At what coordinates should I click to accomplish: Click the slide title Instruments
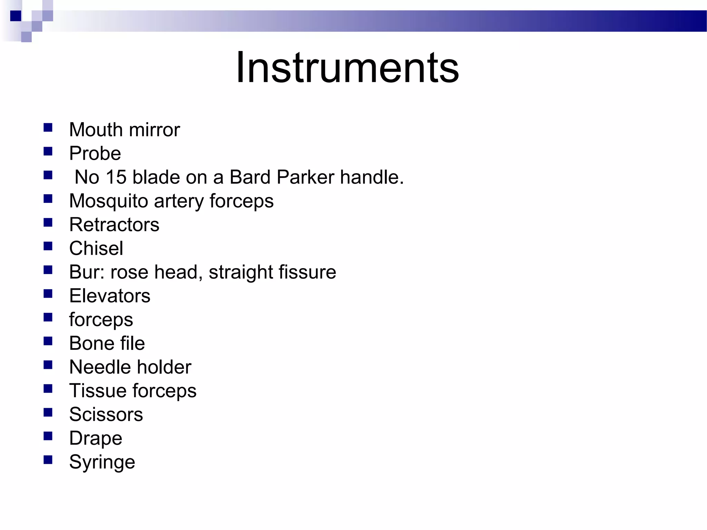point(347,67)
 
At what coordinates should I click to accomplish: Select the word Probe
point(95,154)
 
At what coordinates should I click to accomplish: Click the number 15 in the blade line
point(116,177)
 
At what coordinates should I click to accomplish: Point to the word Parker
point(306,177)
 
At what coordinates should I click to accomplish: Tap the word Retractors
point(114,225)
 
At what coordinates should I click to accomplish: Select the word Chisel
point(96,248)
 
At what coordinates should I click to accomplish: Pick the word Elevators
point(110,296)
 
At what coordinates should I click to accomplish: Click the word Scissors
point(106,414)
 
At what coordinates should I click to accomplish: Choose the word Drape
point(96,439)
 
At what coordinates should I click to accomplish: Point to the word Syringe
point(102,462)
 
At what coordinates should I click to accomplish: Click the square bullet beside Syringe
point(48,460)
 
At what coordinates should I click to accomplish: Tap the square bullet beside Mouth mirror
point(48,128)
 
